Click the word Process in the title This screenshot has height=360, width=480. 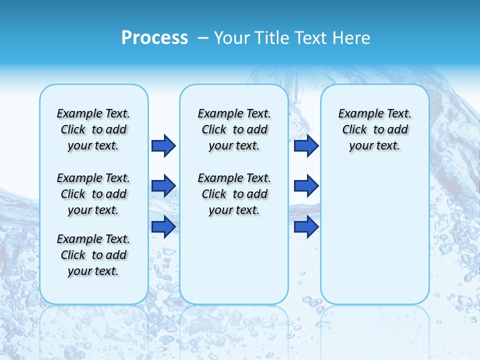154,37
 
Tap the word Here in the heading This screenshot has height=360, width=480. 351,37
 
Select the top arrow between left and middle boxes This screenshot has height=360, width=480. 163,145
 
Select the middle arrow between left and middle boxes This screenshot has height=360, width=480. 163,186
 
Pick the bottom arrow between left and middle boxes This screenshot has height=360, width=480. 163,226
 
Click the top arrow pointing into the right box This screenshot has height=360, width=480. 306,145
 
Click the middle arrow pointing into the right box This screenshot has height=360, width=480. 306,186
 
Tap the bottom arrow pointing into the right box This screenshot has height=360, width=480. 306,226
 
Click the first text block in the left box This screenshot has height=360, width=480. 93,129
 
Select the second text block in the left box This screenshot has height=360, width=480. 93,194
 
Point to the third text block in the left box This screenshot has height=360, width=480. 93,255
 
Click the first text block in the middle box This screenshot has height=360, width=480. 234,129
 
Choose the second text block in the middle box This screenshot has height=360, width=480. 234,194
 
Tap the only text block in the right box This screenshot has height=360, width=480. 374,129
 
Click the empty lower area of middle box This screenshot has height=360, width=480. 234,260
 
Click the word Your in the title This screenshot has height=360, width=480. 231,37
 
